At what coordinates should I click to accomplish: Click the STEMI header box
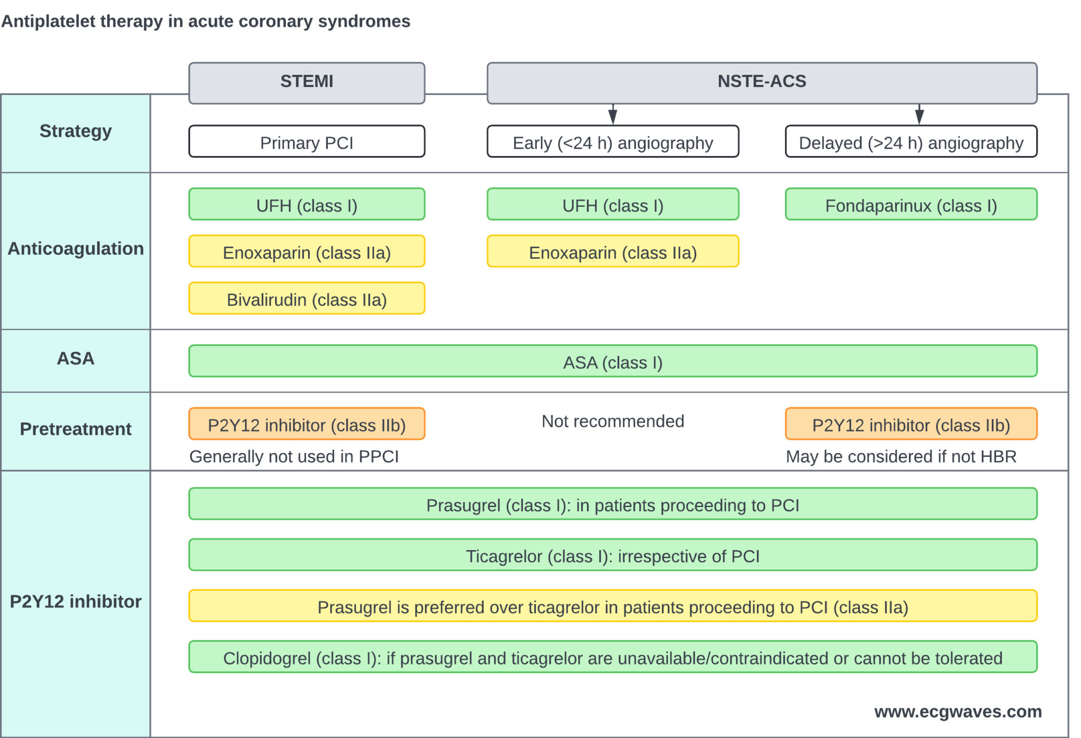coord(306,82)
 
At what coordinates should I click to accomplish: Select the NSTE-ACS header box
coord(761,82)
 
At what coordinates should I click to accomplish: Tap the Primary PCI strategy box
coord(306,142)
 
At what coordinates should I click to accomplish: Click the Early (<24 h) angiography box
coord(612,142)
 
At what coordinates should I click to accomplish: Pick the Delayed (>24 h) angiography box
coord(911,142)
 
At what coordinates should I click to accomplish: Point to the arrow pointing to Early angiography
coord(612,114)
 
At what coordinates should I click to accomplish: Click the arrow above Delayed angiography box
coord(919,114)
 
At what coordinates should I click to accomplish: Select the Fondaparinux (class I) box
coord(911,205)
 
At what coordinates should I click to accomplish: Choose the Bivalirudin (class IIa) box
coord(306,299)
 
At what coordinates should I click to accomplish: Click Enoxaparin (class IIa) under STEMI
coord(306,252)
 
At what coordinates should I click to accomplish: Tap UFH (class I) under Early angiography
coord(612,205)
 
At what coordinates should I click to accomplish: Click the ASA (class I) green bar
coord(612,362)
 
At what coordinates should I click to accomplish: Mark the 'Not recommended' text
coord(612,421)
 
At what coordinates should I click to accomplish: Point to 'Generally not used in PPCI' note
coord(294,456)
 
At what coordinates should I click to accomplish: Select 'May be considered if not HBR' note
coord(900,456)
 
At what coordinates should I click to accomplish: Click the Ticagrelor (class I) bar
coord(612,555)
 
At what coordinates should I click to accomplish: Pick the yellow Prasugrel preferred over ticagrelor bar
coord(612,607)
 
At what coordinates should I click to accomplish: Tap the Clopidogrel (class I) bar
coord(612,658)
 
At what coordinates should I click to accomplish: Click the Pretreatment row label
coord(75,429)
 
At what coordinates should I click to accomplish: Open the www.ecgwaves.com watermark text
coord(957,712)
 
